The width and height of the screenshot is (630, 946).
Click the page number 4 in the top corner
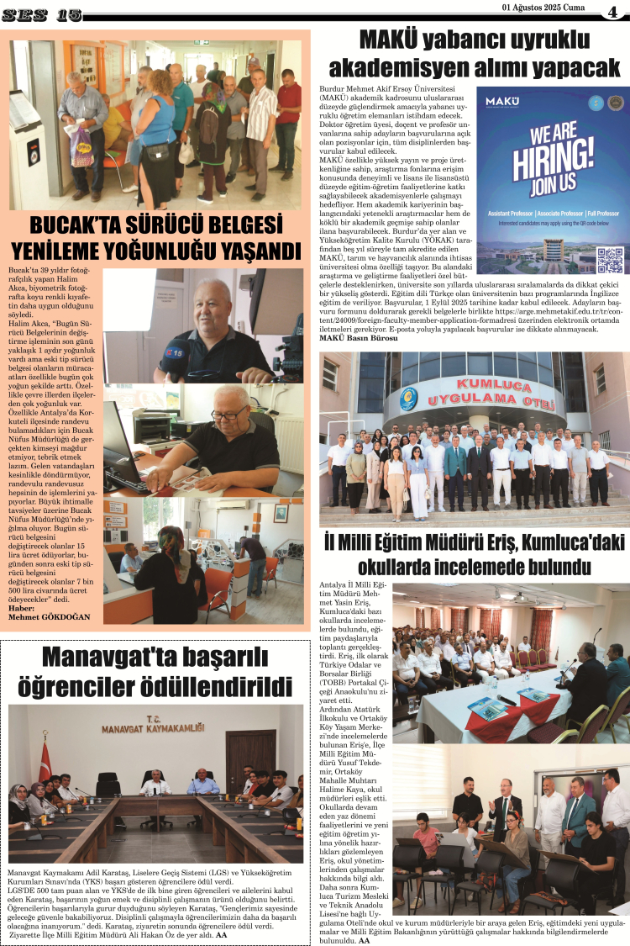pyautogui.click(x=612, y=11)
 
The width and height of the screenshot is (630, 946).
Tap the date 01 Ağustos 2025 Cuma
pyautogui.click(x=543, y=9)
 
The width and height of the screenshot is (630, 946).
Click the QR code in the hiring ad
pyautogui.click(x=610, y=258)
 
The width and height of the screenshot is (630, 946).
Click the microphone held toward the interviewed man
pyautogui.click(x=177, y=352)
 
